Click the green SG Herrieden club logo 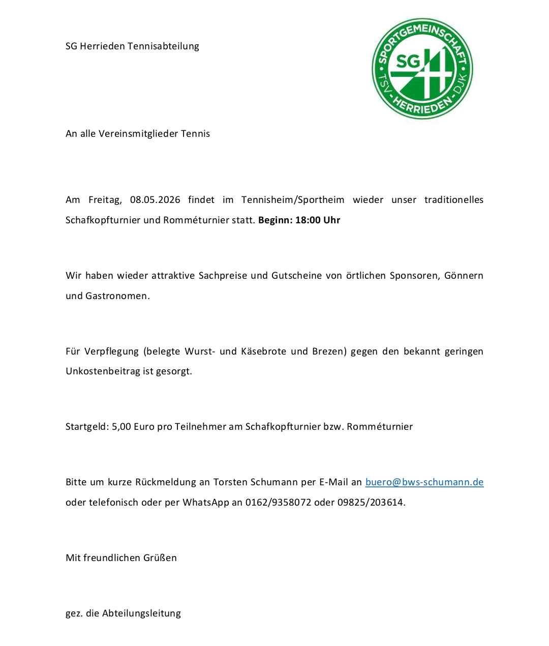tap(422, 69)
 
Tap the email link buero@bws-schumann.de tap(424, 482)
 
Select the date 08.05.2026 tap(155, 200)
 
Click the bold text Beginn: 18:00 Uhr tap(299, 220)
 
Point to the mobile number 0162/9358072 tap(278, 503)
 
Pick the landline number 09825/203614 tap(371, 503)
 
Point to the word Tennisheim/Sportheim tap(293, 200)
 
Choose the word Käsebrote tap(263, 351)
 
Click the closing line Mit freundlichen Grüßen tap(121, 558)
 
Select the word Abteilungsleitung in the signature tap(141, 613)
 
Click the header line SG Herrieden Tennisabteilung tap(132, 46)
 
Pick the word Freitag tap(105, 200)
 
